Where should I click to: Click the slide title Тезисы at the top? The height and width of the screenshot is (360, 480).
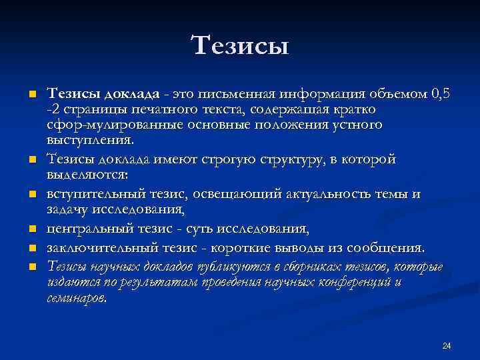coord(240,45)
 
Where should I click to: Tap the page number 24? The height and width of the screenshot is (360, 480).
coord(447,345)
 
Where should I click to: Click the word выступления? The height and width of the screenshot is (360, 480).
coord(90,140)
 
